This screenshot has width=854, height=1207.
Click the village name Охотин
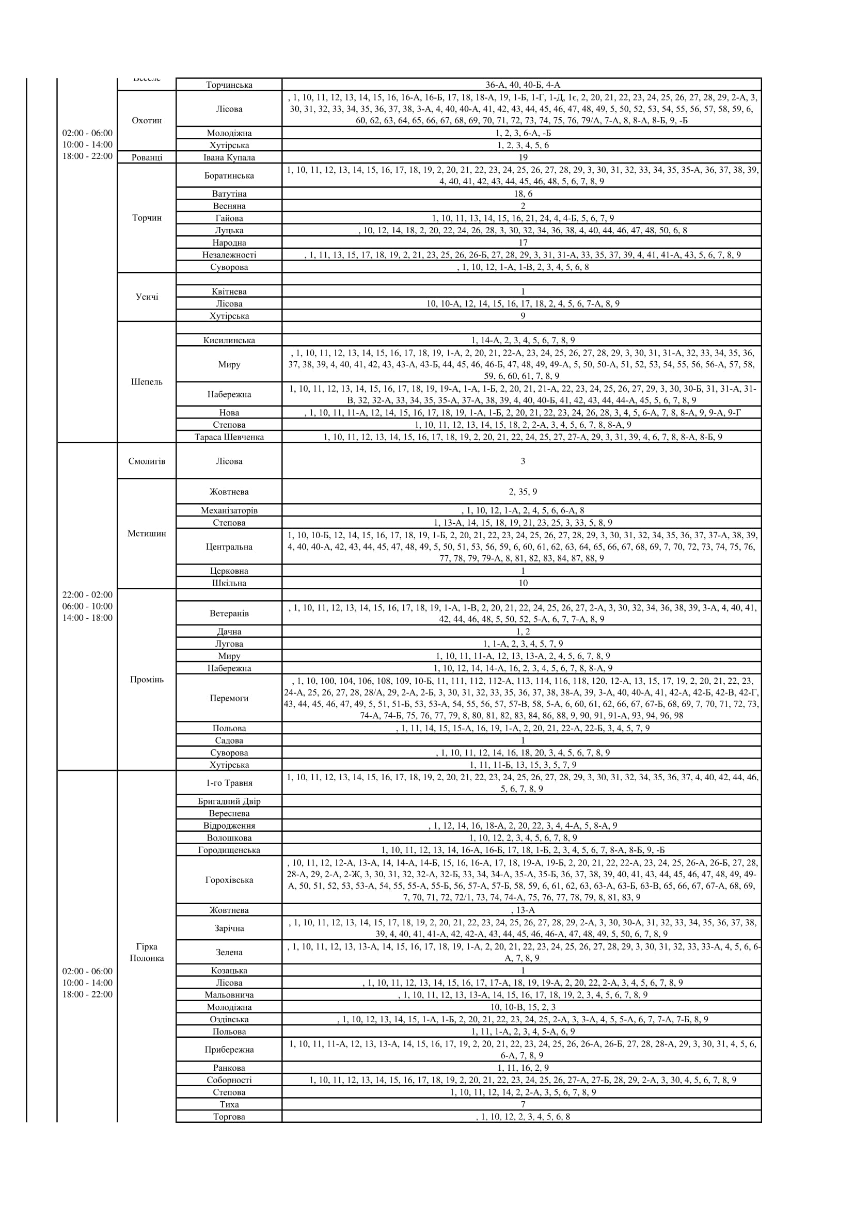click(x=147, y=120)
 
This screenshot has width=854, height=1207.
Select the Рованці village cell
click(x=147, y=157)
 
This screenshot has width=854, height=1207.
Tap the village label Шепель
click(x=147, y=382)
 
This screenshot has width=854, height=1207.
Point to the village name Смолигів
click(x=147, y=461)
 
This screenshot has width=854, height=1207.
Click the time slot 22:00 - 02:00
click(x=87, y=594)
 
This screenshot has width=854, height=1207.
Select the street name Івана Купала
click(x=229, y=157)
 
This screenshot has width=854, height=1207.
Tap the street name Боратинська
click(x=229, y=175)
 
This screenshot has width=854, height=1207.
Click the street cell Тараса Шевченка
click(x=229, y=437)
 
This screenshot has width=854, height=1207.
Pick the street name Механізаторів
click(x=229, y=510)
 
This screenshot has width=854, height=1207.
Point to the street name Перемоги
click(x=229, y=698)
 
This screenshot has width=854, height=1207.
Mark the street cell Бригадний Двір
click(x=229, y=801)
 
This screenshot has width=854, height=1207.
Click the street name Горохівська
click(x=229, y=879)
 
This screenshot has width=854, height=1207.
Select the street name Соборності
click(x=229, y=1080)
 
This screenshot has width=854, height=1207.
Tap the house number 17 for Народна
click(x=522, y=243)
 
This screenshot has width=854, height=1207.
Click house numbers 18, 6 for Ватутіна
click(x=522, y=194)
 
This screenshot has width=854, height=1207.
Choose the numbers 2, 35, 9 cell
click(x=522, y=492)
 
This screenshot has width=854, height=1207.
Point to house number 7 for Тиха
click(x=522, y=1104)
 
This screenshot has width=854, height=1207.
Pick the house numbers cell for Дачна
click(x=522, y=631)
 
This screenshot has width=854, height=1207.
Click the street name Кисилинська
click(x=229, y=340)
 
